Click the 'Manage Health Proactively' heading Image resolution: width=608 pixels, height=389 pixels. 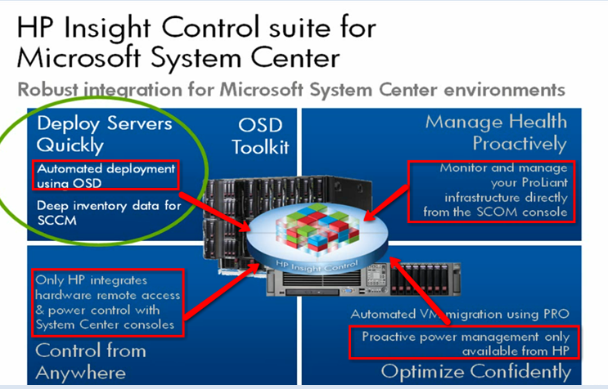[496, 133]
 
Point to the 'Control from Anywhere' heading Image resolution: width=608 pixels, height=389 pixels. [90, 361]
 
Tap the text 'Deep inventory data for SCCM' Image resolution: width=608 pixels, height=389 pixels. [108, 213]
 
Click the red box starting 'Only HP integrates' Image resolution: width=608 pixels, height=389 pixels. [108, 302]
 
